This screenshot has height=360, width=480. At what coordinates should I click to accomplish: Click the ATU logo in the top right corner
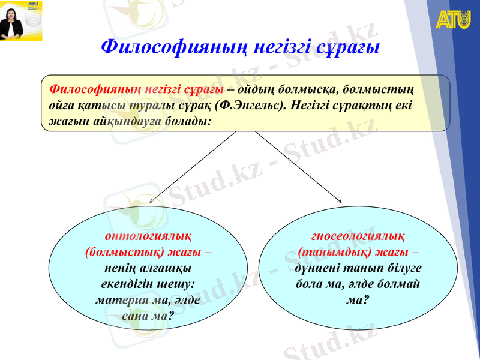pyautogui.click(x=453, y=19)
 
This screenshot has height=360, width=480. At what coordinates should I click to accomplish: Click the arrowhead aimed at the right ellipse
pyautogui.click(x=340, y=201)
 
